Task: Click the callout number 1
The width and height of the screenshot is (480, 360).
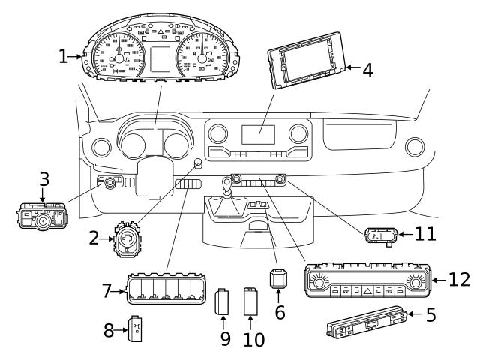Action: (x=63, y=57)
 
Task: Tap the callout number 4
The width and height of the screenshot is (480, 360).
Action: (x=368, y=70)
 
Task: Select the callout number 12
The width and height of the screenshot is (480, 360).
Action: (x=459, y=280)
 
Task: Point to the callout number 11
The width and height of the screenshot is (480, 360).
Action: (x=425, y=234)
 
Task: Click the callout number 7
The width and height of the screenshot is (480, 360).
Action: (x=106, y=291)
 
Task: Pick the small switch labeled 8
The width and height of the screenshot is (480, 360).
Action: (x=135, y=328)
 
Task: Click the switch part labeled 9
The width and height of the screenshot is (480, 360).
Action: (x=222, y=301)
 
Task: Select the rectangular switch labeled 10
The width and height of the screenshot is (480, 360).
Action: (x=250, y=301)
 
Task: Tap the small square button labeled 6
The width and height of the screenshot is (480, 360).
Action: (x=278, y=278)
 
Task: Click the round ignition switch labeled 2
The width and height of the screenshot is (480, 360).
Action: (x=127, y=239)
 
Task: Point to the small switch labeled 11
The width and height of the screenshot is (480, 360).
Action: (x=381, y=236)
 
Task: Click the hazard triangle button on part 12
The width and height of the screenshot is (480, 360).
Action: (x=367, y=290)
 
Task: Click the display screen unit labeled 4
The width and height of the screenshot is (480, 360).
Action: (x=307, y=61)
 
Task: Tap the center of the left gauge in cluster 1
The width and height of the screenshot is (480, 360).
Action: (x=118, y=58)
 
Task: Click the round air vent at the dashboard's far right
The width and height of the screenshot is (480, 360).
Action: (x=415, y=147)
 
